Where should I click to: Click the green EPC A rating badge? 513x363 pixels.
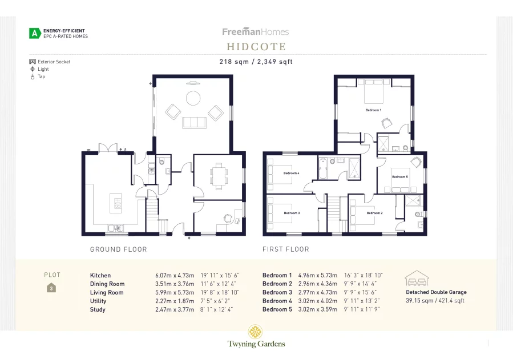(x=35, y=34)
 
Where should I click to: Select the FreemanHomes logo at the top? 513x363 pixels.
(x=256, y=32)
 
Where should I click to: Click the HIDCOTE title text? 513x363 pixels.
(x=256, y=47)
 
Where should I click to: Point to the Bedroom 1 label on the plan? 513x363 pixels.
(x=373, y=110)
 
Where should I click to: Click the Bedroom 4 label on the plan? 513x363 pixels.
(x=291, y=173)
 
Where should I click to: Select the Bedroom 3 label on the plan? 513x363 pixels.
(x=291, y=213)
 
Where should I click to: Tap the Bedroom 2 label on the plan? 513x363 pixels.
(x=374, y=213)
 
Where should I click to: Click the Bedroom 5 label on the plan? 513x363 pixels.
(x=399, y=177)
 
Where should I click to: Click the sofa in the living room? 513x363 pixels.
(x=194, y=122)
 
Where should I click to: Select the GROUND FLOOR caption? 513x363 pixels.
(x=119, y=249)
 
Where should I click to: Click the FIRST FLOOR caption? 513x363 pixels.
(x=286, y=249)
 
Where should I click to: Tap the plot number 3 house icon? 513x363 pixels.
(x=52, y=288)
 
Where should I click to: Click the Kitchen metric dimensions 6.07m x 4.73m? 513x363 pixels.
(x=175, y=275)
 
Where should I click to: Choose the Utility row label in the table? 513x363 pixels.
(x=98, y=301)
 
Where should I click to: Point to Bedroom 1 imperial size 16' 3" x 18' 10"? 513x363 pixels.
(x=363, y=275)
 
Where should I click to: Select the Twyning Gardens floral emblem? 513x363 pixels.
(x=256, y=332)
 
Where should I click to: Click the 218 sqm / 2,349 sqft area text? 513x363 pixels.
(x=256, y=62)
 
